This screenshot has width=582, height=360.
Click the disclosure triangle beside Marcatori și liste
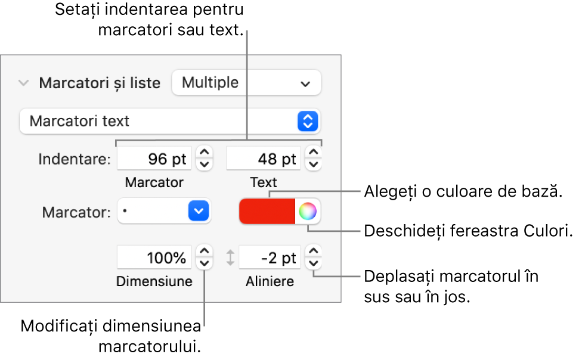(x=23, y=83)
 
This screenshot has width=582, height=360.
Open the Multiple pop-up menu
(x=246, y=83)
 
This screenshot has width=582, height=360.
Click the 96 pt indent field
(x=154, y=160)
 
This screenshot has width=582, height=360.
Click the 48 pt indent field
(x=263, y=160)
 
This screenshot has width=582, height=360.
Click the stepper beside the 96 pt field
(x=205, y=160)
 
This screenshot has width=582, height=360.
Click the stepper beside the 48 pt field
(x=313, y=160)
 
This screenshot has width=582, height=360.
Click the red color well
(x=267, y=211)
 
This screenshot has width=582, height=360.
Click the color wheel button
(x=308, y=211)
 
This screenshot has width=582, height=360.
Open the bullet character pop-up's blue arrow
(x=200, y=211)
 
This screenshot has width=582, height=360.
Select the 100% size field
(x=154, y=258)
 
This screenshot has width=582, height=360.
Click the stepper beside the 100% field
(x=205, y=258)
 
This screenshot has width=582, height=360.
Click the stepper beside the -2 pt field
(x=313, y=258)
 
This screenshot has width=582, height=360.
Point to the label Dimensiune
(x=154, y=281)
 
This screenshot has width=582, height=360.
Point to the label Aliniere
(x=270, y=281)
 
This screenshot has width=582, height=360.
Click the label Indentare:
(x=75, y=160)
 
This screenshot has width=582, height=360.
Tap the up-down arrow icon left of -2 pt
(x=230, y=258)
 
